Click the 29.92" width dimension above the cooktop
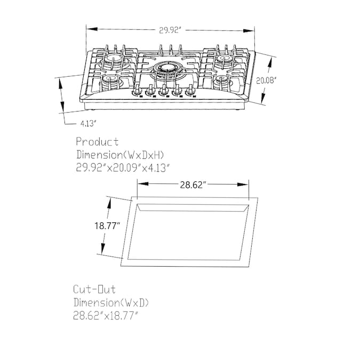click(169, 30)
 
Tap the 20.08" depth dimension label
click(266, 81)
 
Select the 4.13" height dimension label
click(87, 124)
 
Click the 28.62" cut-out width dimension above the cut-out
click(191, 185)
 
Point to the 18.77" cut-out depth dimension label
click(107, 226)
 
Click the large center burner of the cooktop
click(167, 68)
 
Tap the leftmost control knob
click(138, 91)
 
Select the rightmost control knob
click(190, 90)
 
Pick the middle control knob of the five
click(164, 91)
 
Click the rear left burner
click(114, 59)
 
